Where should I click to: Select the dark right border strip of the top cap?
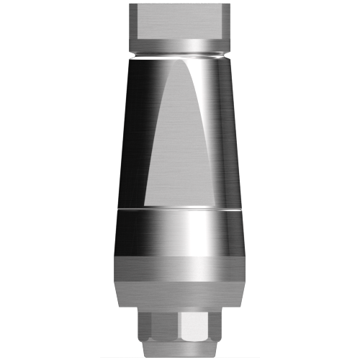[228, 22]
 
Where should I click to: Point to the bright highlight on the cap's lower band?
[180, 45]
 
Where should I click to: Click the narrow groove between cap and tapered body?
[180, 55]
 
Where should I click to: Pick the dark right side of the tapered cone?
[234, 144]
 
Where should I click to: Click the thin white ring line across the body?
[180, 209]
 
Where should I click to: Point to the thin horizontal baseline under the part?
[180, 356]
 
